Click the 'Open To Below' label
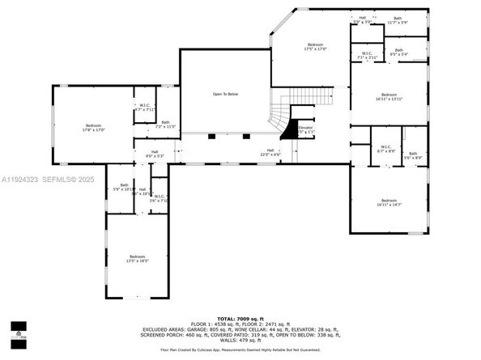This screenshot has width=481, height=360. tap(225, 94)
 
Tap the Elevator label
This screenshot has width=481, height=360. tap(305, 129)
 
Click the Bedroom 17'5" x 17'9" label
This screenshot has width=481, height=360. tap(315, 46)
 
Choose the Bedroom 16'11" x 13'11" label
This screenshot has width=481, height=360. tap(389, 97)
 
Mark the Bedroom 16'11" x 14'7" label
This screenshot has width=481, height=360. tap(389, 202)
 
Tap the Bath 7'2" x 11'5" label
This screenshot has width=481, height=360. tap(165, 125)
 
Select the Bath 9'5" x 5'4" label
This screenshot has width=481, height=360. tap(399, 53)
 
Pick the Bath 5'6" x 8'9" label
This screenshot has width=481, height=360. tap(413, 155)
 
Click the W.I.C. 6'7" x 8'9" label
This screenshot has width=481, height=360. tap(385, 149)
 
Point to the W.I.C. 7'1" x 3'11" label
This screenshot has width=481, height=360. tap(367, 56)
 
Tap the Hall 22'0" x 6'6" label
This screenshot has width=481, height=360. tap(269, 153)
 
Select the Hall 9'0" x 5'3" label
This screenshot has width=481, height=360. tap(154, 154)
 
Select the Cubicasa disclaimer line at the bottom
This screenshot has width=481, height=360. tap(240, 350)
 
